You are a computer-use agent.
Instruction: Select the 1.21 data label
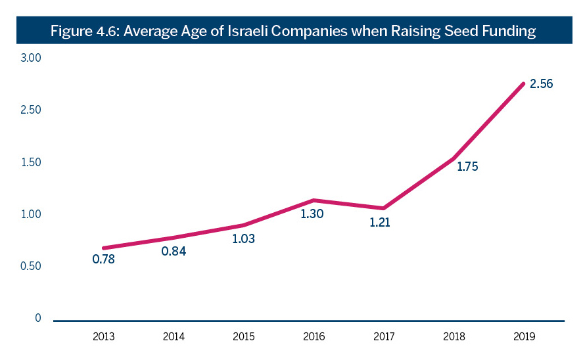[x=379, y=223]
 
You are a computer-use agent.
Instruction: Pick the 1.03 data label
[x=243, y=239]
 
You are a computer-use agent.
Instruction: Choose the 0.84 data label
[x=174, y=251]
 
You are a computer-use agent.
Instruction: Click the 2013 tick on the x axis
[x=103, y=337]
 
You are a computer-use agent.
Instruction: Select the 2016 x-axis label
[x=314, y=337]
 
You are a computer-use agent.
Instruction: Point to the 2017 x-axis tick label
[x=385, y=337]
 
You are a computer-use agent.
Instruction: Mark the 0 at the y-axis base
[x=37, y=318]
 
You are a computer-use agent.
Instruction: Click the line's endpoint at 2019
[x=523, y=84]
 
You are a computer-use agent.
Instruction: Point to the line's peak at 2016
[x=314, y=200]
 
